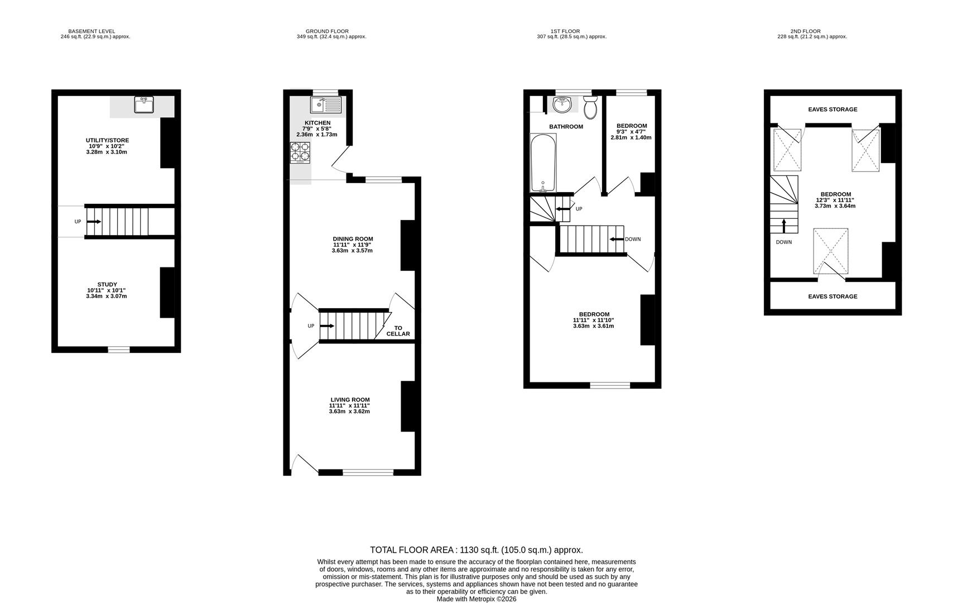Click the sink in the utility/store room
pos(144,104)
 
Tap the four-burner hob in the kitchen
pos(300,152)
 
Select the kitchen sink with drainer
pos(326,104)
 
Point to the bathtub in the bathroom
pos(542,163)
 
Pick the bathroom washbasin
pos(561,104)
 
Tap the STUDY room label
pos(107,285)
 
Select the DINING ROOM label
pos(353,239)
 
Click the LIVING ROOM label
pos(350,400)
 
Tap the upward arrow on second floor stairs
pos(783,225)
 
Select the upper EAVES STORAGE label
pos(832,109)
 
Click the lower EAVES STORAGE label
pos(832,296)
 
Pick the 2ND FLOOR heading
pos(805,31)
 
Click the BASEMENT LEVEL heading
pos(92,31)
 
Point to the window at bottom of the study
pos(118,350)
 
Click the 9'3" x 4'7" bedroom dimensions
pos(631,132)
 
